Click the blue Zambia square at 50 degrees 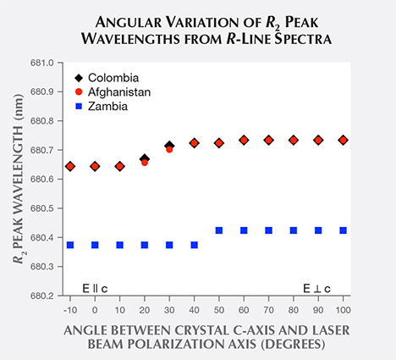point(219,230)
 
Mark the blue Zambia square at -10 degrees point(70,245)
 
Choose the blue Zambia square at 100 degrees point(344,230)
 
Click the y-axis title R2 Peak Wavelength point(19,178)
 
